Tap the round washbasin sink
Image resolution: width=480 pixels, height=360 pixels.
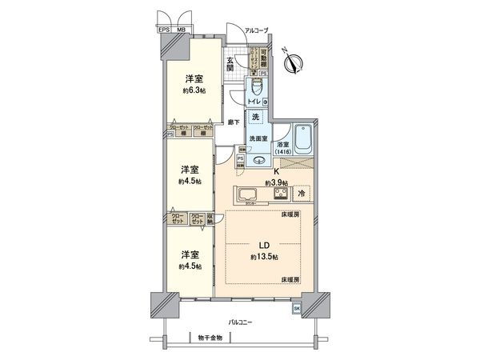258,159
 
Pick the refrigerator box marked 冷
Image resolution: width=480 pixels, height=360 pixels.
302,194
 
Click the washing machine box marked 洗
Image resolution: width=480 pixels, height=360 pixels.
255,118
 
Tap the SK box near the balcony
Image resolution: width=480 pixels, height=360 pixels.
296,308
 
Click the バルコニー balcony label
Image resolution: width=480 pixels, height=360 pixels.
240,322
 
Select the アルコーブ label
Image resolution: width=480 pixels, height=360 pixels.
256,30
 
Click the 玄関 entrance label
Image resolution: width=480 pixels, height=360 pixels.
230,65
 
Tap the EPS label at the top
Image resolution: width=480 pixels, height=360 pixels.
162,30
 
